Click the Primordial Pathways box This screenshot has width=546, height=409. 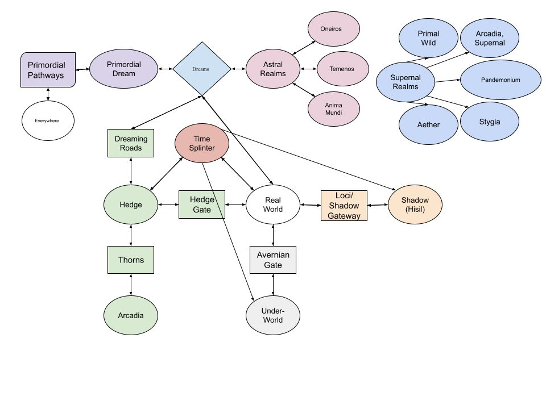pos(48,70)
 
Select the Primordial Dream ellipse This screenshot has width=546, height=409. pos(123,69)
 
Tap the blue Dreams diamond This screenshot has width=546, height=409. pos(201,69)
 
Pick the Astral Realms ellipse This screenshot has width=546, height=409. pos(273,69)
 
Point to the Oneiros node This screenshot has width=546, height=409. pos(333,28)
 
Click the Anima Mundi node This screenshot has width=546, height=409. pos(333,109)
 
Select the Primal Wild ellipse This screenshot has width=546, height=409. pos(428,38)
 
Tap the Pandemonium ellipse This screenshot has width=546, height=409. pos(500,80)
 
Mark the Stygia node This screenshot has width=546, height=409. pos(489,122)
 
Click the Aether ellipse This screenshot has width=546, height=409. pos(428,124)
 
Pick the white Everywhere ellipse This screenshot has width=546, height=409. pos(48,120)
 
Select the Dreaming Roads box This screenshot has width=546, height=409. pos(131,143)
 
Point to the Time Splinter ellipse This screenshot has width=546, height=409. pos(201,143)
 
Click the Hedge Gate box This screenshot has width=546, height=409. pos(201,204)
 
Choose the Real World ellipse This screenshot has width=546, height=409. pos(273,204)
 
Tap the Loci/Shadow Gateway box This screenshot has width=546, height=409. pos(344,205)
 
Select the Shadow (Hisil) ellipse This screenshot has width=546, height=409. pos(415,204)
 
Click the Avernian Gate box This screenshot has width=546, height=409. pos(273,260)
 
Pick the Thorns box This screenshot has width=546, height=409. pos(131,260)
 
